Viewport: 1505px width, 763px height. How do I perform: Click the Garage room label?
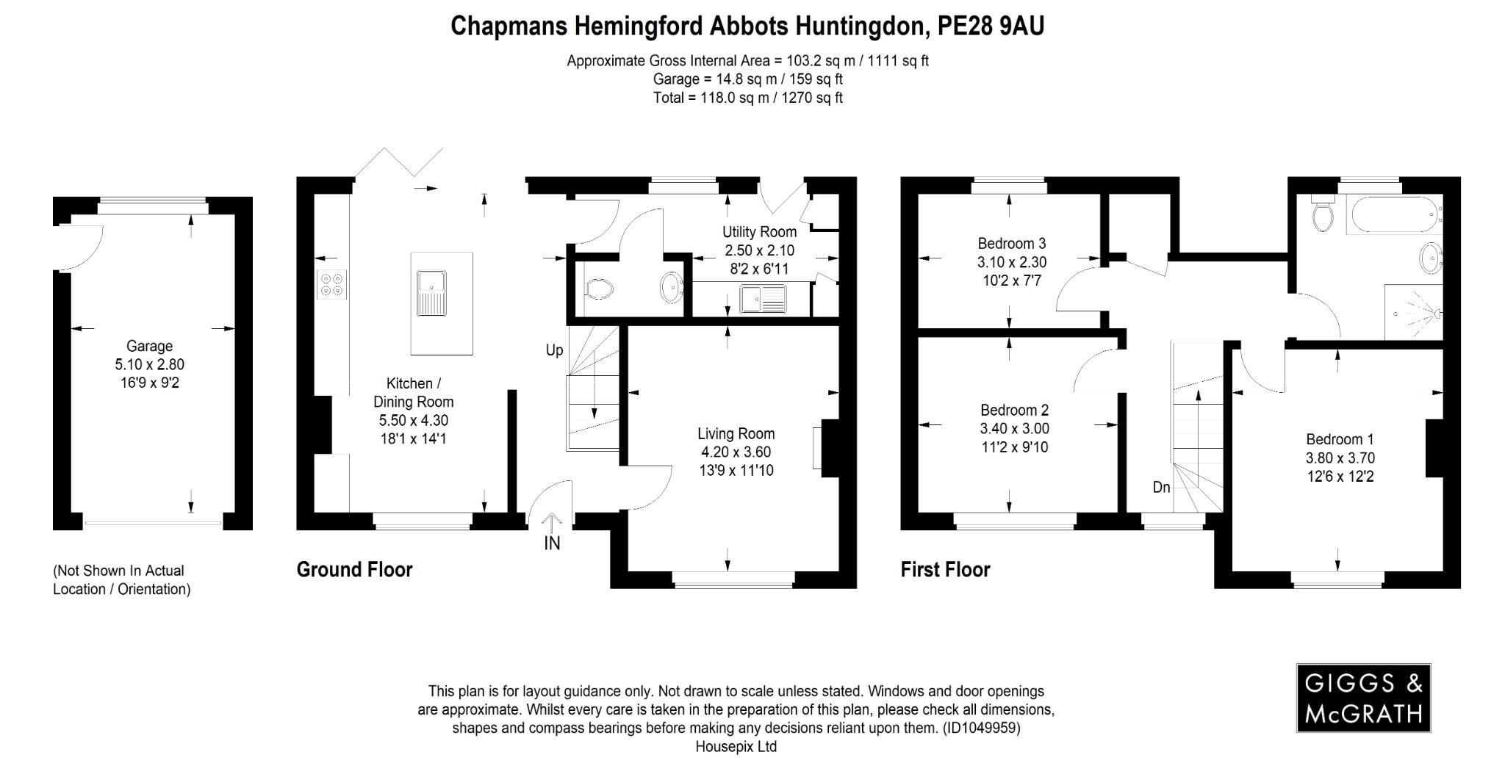coord(149,346)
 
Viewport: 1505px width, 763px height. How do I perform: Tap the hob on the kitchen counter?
coord(331,285)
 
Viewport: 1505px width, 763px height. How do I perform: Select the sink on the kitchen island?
coord(431,292)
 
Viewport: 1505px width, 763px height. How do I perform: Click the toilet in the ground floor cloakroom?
coord(600,289)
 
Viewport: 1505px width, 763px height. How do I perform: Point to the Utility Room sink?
coord(763,299)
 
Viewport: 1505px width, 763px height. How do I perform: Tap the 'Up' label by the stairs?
coord(554,350)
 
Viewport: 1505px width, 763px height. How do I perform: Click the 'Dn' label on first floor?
coord(1161,487)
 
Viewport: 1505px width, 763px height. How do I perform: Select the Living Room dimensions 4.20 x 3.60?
coord(736,452)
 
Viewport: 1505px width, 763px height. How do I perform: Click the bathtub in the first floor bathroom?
coord(1393,214)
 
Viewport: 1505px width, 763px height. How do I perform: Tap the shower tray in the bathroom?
coord(1413,312)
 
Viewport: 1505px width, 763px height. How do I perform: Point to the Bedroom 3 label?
coord(1011,243)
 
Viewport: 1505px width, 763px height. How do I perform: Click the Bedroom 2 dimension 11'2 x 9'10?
coord(1014,447)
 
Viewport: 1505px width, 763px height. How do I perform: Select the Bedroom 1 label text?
coord(1340,439)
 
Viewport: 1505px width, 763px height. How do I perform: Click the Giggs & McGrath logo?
coord(1363,698)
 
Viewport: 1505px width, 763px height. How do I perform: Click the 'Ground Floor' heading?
coord(354,570)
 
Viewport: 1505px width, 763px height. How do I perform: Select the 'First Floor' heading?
coord(945,570)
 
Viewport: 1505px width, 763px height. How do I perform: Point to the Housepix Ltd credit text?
coord(736,747)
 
